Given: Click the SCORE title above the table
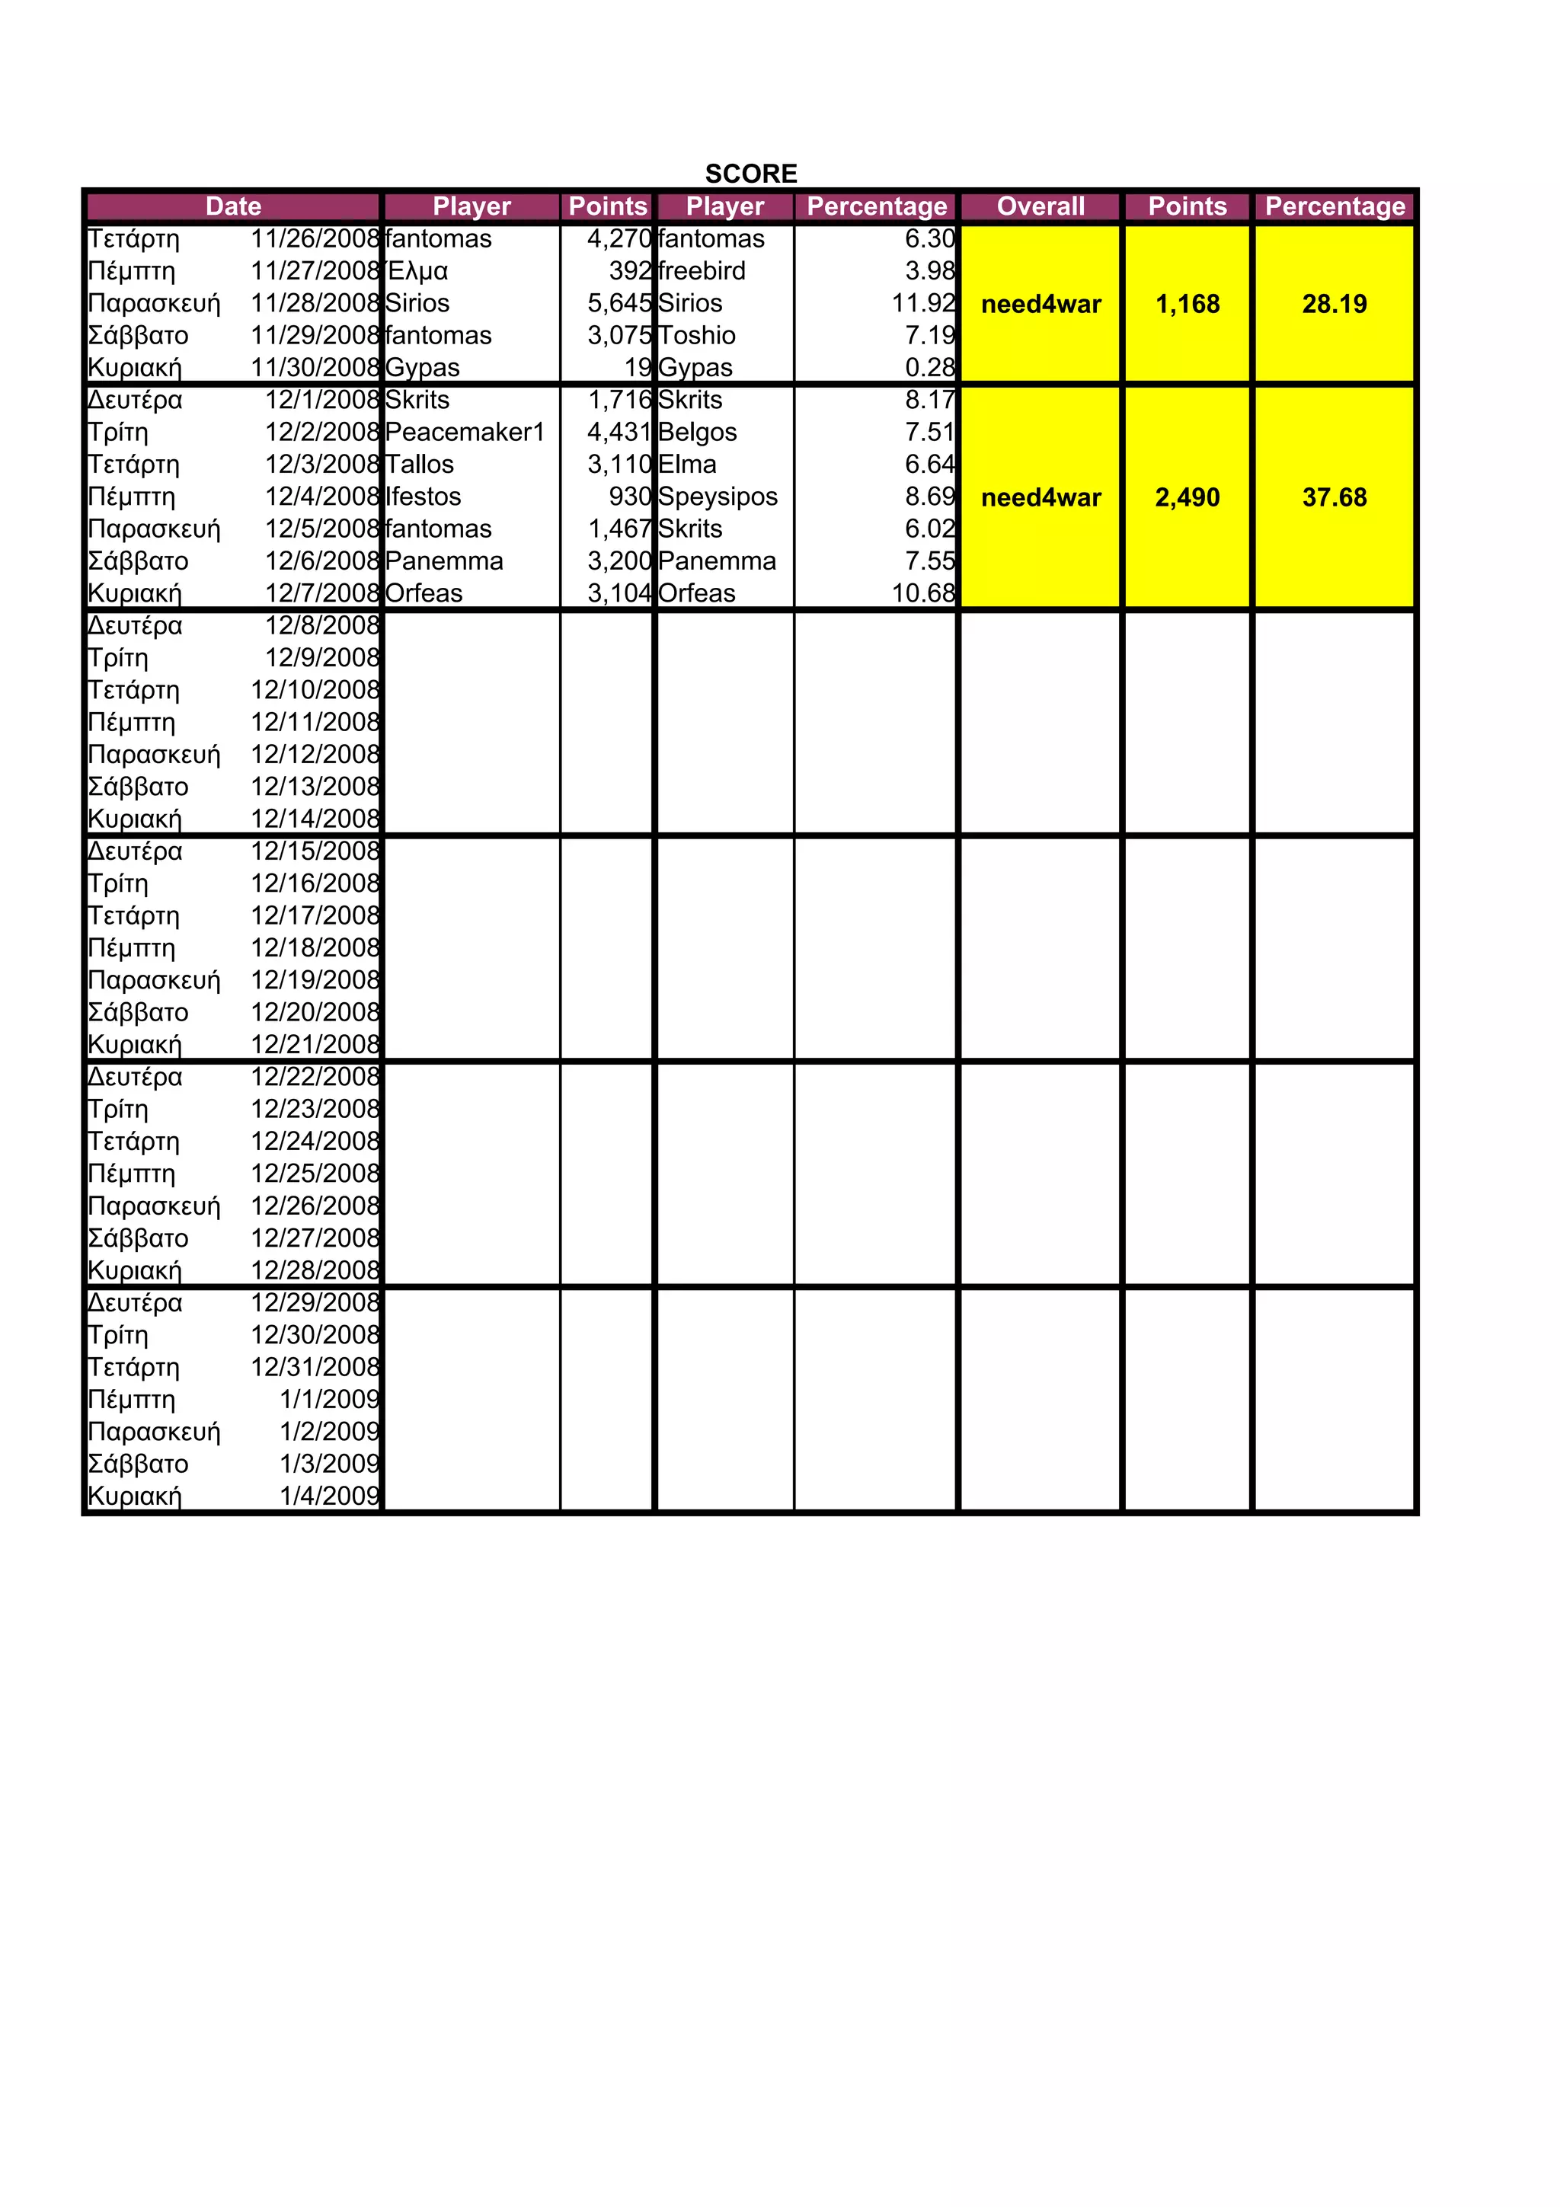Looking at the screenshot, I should pos(751,173).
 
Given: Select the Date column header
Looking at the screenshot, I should pos(232,206).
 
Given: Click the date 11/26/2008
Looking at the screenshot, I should pos(315,238).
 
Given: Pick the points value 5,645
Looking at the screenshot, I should pos(619,303).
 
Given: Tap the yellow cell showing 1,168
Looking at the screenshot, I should pos(1187,304).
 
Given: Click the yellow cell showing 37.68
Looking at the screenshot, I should pos(1334,497).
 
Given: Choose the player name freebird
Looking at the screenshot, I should pos(702,271).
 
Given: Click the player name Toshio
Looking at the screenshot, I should pos(697,336).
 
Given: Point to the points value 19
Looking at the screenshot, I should pos(638,367).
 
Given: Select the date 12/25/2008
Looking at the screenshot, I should pos(315,1173).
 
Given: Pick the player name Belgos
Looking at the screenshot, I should pos(698,432).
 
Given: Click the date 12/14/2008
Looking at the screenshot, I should pos(315,818).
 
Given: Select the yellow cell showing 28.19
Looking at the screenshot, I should pos(1334,304).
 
